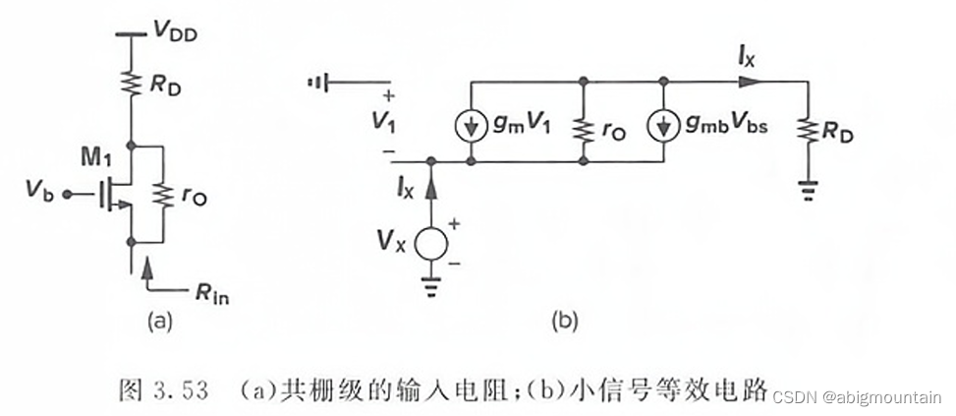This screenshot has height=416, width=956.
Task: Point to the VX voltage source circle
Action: [x=429, y=242]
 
